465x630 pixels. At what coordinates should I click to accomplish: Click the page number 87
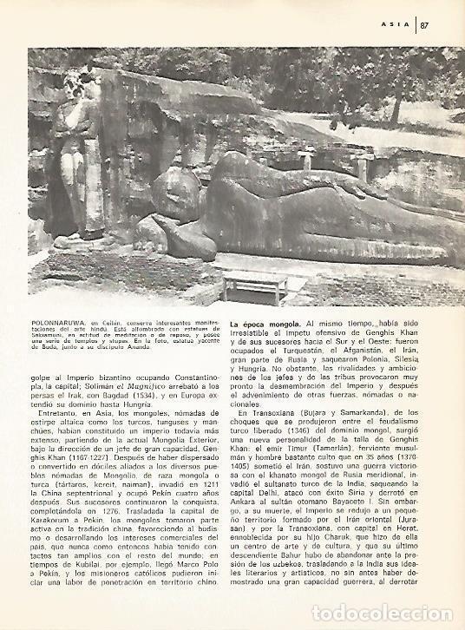coord(426,25)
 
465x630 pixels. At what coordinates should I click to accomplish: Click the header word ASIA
coord(395,25)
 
